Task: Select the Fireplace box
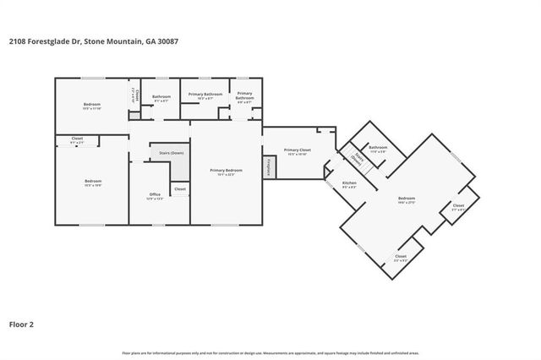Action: click(x=269, y=166)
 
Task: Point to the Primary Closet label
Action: click(x=297, y=150)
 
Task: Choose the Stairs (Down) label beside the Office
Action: click(x=172, y=153)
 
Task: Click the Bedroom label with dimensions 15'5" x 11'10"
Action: click(x=92, y=106)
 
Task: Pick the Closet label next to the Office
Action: click(x=180, y=189)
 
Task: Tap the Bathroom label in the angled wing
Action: click(x=378, y=148)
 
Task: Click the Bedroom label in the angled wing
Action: click(x=407, y=199)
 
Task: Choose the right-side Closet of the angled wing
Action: click(x=458, y=205)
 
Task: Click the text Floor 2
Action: click(x=21, y=323)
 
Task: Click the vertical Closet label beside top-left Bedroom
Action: click(x=133, y=95)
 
